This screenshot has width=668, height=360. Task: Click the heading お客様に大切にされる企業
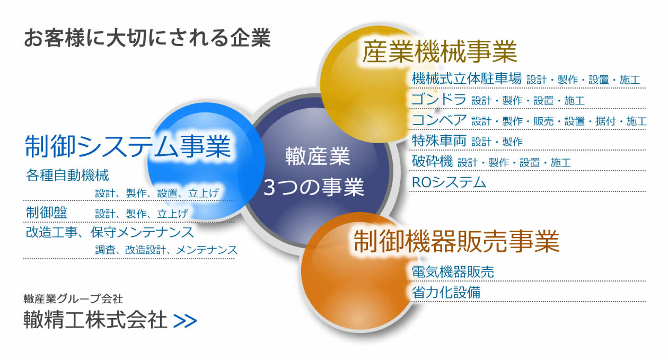147,38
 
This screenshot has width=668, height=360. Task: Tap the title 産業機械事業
440,51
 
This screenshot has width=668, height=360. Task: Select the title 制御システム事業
128,146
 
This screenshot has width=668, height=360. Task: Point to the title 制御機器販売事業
456,241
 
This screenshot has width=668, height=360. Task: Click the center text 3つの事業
313,187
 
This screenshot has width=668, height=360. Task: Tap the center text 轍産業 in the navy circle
318,156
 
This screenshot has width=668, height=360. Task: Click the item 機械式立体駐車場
467,78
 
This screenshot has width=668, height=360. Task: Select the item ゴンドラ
438,99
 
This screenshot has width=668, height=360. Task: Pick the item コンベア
439,120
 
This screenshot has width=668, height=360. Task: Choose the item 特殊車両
439,141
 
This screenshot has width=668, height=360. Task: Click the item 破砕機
432,161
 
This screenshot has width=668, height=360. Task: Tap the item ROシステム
449,182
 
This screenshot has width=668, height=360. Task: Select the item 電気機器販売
453,271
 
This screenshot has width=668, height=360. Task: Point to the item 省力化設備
446,292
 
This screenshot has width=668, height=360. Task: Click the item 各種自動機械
67,175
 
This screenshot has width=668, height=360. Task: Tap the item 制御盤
47,213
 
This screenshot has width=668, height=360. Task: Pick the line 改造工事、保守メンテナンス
110,232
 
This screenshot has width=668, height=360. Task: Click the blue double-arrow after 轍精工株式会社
185,321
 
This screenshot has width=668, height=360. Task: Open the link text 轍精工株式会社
95,319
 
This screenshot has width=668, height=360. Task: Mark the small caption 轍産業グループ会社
73,299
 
